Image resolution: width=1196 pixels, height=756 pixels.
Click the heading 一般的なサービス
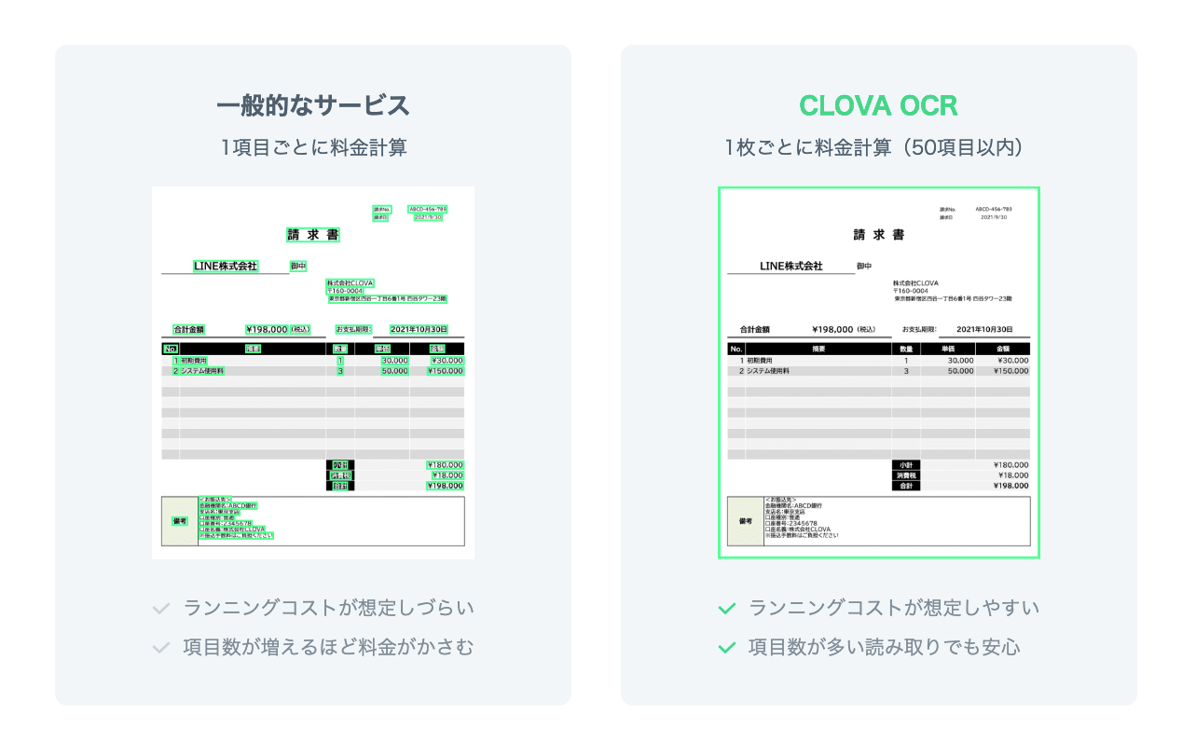click(313, 106)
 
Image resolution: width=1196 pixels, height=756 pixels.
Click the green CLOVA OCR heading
click(878, 106)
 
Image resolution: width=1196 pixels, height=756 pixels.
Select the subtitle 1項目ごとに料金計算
click(313, 147)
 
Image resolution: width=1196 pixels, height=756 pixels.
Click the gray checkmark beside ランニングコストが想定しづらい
click(161, 609)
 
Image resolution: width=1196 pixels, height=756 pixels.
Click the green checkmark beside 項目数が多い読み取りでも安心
click(727, 647)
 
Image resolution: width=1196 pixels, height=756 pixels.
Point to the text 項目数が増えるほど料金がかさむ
click(329, 647)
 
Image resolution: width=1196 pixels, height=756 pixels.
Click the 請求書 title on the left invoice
click(313, 235)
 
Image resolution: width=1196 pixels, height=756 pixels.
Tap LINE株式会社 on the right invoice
click(791, 267)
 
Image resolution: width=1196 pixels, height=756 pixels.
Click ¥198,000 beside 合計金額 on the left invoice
click(267, 329)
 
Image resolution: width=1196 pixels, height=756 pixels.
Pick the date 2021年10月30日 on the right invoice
click(984, 329)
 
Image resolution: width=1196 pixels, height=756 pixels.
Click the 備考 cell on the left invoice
click(179, 521)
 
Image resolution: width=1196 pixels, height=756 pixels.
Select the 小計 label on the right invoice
click(905, 464)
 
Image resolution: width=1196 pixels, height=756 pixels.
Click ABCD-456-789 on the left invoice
click(428, 209)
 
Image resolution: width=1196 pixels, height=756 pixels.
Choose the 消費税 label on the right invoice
click(905, 475)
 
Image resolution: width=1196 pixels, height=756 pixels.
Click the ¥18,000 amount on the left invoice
click(445, 475)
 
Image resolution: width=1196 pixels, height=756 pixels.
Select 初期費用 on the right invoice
click(761, 360)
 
